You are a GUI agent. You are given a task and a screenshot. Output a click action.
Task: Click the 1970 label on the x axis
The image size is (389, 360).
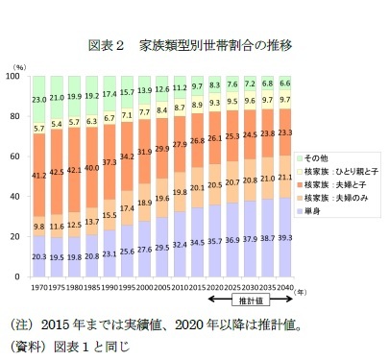[x=39, y=285]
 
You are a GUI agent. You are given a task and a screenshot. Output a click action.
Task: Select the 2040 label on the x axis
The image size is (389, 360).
[x=287, y=285]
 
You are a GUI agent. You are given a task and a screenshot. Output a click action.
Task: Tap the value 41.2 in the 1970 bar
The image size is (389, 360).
[x=39, y=176]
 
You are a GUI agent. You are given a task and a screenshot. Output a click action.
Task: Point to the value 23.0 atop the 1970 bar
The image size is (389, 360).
[x=39, y=99]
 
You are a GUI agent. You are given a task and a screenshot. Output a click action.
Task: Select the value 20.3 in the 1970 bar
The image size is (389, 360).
[x=39, y=256]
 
